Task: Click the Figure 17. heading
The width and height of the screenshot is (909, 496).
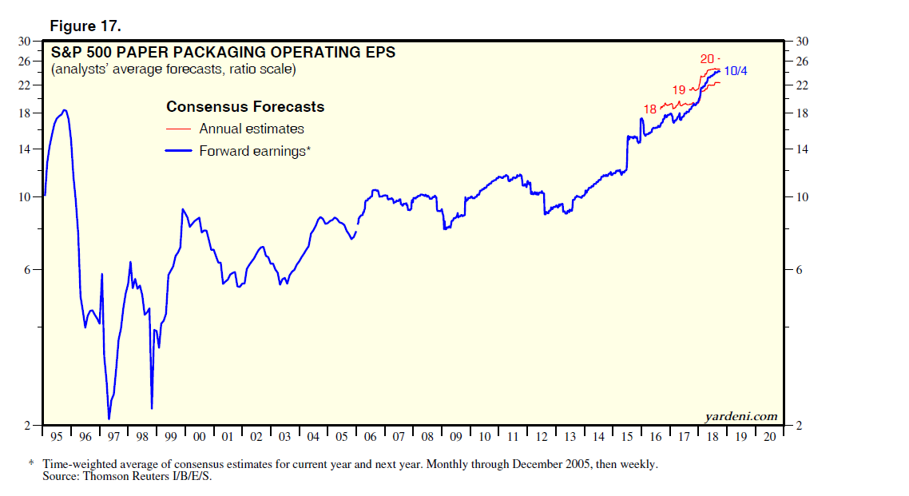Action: click(85, 26)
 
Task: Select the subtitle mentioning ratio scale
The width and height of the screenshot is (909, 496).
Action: click(173, 69)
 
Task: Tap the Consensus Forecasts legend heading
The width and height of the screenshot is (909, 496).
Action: click(244, 106)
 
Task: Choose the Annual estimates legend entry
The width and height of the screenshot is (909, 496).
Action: click(252, 129)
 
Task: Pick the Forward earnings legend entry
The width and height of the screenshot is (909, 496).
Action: click(254, 151)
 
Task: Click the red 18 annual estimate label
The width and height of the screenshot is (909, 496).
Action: click(649, 109)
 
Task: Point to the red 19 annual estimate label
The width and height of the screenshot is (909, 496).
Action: click(679, 89)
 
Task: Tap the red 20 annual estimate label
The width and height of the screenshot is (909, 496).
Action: click(707, 58)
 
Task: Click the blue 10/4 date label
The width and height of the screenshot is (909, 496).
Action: click(736, 72)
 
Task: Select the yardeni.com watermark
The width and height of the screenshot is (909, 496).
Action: click(740, 416)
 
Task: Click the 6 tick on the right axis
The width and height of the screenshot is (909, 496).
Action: click(796, 270)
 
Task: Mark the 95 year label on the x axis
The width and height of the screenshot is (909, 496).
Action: click(56, 438)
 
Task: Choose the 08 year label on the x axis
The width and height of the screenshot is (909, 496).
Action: click(427, 438)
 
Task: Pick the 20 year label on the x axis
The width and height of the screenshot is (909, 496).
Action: click(770, 438)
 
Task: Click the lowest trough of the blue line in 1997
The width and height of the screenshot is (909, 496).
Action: click(109, 419)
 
